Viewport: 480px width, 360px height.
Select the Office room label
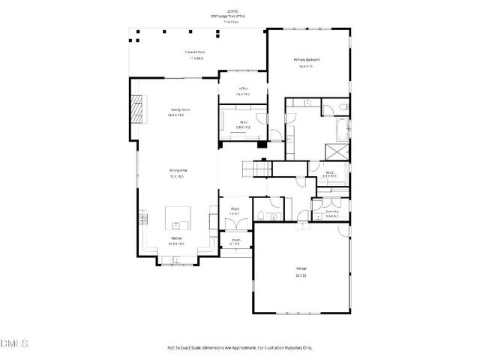pyautogui.click(x=243, y=88)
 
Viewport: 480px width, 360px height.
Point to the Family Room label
pyautogui.click(x=179, y=109)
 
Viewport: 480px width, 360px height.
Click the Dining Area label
pyautogui.click(x=178, y=171)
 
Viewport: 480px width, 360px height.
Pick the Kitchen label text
pyautogui.click(x=177, y=238)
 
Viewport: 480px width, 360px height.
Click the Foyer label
pyautogui.click(x=234, y=209)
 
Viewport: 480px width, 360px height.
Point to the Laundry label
pyautogui.click(x=331, y=211)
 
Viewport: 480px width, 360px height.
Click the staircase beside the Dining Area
pyautogui.click(x=256, y=169)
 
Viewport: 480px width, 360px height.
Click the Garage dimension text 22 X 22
pyautogui.click(x=301, y=275)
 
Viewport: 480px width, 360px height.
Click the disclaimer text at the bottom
pyautogui.click(x=240, y=347)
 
